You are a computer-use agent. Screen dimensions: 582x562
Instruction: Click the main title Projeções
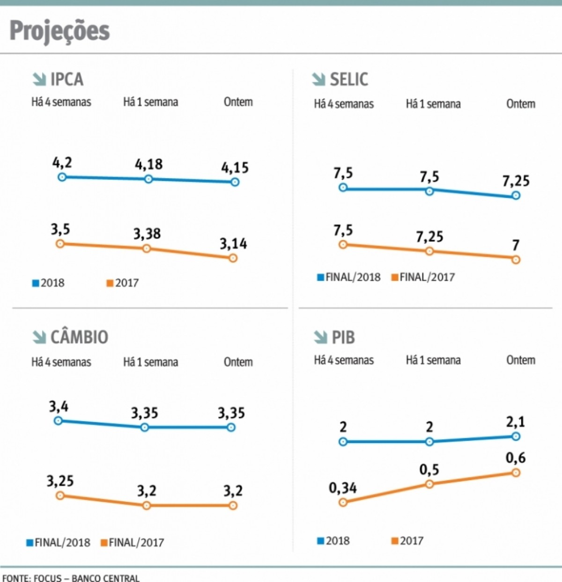coord(59,31)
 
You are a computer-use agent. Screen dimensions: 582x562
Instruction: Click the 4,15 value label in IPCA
coord(235,167)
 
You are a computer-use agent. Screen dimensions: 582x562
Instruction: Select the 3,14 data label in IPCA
coord(233,244)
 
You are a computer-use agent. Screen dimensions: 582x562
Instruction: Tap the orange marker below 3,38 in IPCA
coord(147,248)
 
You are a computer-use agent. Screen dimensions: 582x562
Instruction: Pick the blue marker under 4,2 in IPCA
coord(62,177)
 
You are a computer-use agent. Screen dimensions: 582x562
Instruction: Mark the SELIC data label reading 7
coord(516,245)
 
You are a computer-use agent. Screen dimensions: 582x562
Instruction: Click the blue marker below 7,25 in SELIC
coord(516,196)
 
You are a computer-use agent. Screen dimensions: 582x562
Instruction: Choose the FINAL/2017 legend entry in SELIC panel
coord(423,277)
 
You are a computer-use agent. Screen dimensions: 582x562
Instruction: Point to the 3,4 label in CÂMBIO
coord(59,406)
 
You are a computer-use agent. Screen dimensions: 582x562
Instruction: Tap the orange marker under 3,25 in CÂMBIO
coord(60,495)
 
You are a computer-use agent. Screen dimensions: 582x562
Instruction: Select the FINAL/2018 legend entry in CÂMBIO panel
coord(59,543)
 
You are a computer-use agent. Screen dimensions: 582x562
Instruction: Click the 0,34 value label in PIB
coord(342,488)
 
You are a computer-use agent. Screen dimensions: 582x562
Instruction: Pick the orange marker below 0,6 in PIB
coord(516,473)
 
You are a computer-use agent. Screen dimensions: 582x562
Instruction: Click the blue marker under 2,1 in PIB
coord(516,436)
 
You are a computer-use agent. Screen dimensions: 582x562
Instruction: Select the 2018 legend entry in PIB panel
coord(333,541)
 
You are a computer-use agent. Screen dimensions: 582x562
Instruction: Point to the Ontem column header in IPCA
coord(238,102)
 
